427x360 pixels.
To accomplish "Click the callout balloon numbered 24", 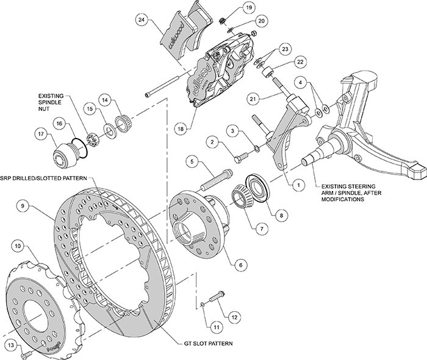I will (x=142, y=20).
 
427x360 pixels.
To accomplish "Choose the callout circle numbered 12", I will (x=234, y=317).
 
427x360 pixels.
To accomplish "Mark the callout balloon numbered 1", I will (x=298, y=182).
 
